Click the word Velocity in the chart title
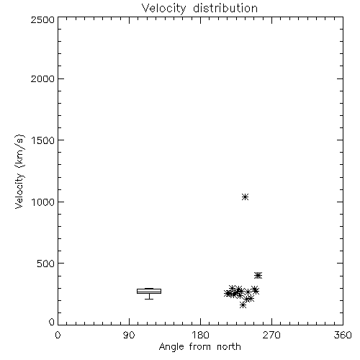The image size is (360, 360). (163, 9)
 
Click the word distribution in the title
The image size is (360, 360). (225, 8)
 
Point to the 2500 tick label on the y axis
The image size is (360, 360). (42, 19)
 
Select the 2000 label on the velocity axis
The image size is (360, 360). (42, 78)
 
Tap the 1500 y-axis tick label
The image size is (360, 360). (43, 140)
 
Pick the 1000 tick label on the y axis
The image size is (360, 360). (43, 202)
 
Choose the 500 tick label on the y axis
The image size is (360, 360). (46, 264)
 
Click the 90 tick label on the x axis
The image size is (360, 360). (129, 335)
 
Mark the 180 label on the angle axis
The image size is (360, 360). (200, 335)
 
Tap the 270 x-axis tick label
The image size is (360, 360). (271, 335)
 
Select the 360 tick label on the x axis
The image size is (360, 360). (343, 335)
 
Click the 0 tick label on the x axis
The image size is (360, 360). (58, 335)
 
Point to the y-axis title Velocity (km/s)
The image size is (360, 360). (19, 171)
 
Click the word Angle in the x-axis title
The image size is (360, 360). (171, 347)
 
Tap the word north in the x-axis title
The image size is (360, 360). (229, 347)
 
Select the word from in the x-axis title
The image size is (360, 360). (199, 347)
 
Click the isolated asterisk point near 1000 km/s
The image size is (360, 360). (245, 197)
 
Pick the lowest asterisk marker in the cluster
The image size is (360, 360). (243, 305)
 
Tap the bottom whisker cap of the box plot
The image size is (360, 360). (149, 299)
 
